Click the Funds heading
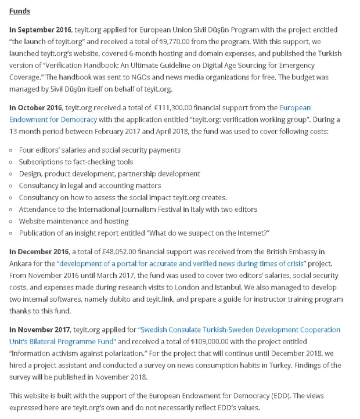point(20,11)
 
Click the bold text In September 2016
point(39,29)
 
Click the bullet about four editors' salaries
point(99,150)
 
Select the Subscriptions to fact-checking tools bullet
point(75,162)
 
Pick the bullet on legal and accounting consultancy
point(90,186)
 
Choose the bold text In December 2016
point(38,251)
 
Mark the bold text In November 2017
point(39,330)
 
